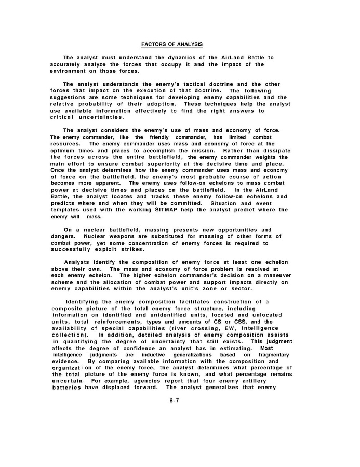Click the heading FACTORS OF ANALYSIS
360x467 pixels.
click(x=172, y=44)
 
